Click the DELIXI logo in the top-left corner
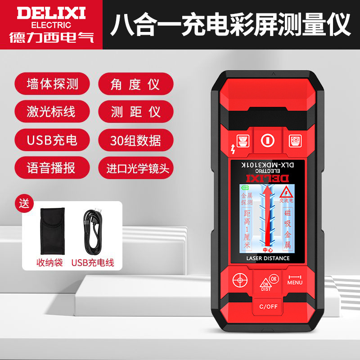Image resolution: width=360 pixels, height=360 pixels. pos(51,24)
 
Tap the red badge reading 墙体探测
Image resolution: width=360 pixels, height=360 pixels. pos(51,84)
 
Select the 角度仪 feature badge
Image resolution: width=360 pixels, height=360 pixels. pos(135,84)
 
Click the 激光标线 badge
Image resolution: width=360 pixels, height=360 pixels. pos(51,112)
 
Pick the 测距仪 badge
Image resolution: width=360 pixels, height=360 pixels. pos(135,112)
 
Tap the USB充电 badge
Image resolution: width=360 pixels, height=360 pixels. pos(51,139)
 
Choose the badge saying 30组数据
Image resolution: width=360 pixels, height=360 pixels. pos(135,139)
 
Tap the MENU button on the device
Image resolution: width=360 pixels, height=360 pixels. pos(295,280)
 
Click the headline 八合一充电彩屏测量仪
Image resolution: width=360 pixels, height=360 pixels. pos(230,25)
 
